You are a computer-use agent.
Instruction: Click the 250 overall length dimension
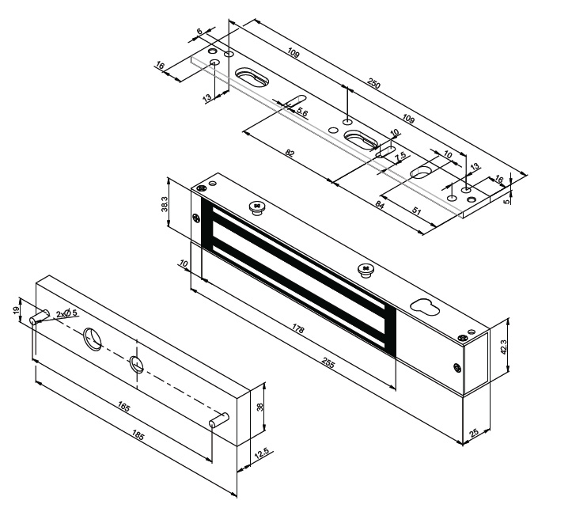point(373,84)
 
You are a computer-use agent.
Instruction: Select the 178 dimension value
point(297,329)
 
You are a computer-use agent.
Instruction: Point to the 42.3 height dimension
point(503,347)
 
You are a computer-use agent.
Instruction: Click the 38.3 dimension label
point(164,204)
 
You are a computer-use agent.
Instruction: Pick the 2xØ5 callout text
point(66,313)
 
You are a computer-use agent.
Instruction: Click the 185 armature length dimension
point(137,436)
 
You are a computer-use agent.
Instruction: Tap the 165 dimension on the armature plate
point(123,407)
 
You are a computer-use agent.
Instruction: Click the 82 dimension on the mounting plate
point(290,153)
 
